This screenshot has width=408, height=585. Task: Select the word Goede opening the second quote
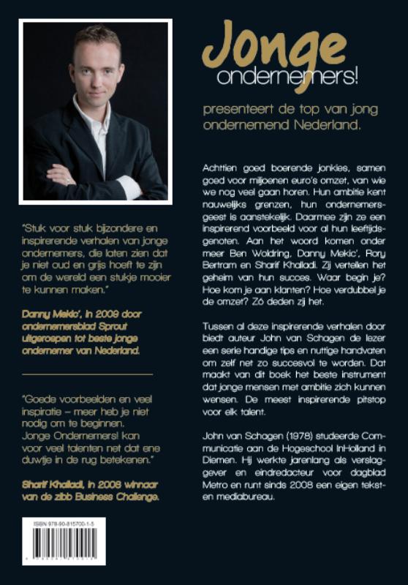coord(43,401)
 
